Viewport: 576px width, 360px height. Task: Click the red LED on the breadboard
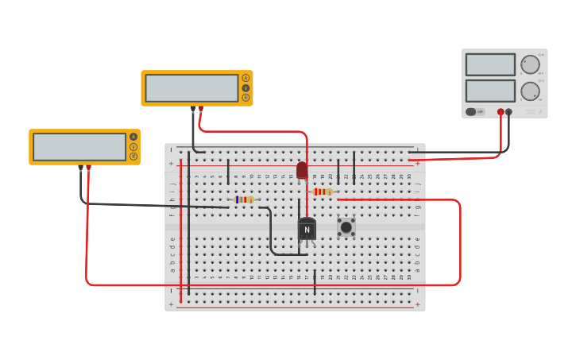(x=302, y=170)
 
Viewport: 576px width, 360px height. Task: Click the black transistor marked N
(x=307, y=229)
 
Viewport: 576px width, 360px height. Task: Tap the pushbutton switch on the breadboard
(x=346, y=227)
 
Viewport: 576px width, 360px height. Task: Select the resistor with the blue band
(x=245, y=199)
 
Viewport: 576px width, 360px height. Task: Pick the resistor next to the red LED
(x=323, y=192)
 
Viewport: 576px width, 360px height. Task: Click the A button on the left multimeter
(x=133, y=137)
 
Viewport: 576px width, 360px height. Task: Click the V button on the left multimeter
(x=133, y=147)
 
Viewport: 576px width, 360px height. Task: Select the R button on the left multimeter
(x=133, y=157)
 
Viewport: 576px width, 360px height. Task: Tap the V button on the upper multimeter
(x=245, y=88)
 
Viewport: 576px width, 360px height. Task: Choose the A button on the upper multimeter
(x=245, y=78)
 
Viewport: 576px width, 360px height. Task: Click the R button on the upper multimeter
(x=245, y=98)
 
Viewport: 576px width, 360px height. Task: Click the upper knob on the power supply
(x=530, y=64)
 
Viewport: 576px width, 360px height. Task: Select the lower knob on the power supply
(x=530, y=91)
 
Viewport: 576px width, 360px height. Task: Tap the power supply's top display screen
(x=490, y=64)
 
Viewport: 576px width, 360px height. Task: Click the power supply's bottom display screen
(x=490, y=91)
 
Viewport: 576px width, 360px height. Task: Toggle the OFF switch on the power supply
(x=474, y=112)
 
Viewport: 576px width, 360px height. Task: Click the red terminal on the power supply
(x=501, y=112)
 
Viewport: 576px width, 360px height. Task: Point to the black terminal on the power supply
(x=509, y=112)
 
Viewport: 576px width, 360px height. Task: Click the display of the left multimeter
(x=79, y=147)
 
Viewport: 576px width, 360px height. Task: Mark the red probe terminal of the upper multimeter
(x=200, y=108)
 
